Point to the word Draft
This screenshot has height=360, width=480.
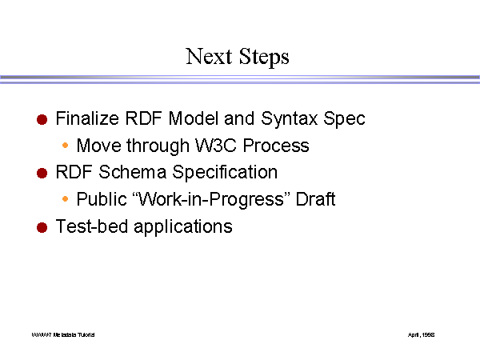[316, 199]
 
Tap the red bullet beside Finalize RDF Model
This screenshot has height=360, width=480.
[42, 120]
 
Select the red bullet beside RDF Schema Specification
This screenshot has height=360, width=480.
[42, 174]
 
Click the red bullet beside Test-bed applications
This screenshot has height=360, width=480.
[42, 227]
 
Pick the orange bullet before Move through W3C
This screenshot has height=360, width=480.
[66, 146]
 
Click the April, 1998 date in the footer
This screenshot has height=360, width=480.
[422, 334]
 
